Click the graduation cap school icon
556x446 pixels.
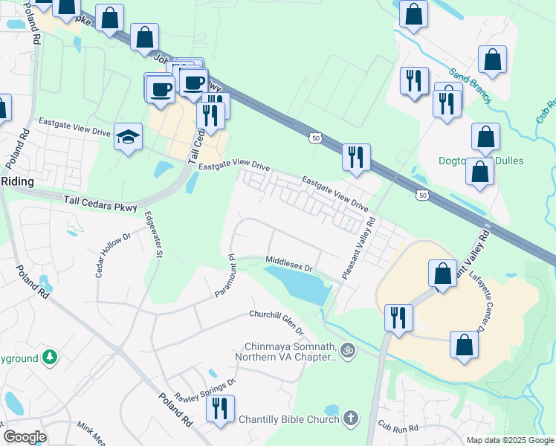tap(129, 137)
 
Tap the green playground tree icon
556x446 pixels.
tap(50, 358)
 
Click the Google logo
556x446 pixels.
tap(25, 437)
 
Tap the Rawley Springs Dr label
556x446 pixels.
tap(204, 390)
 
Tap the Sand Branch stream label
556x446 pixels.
tap(468, 83)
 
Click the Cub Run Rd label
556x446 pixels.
tap(399, 427)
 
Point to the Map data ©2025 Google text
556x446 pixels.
tap(509, 440)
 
